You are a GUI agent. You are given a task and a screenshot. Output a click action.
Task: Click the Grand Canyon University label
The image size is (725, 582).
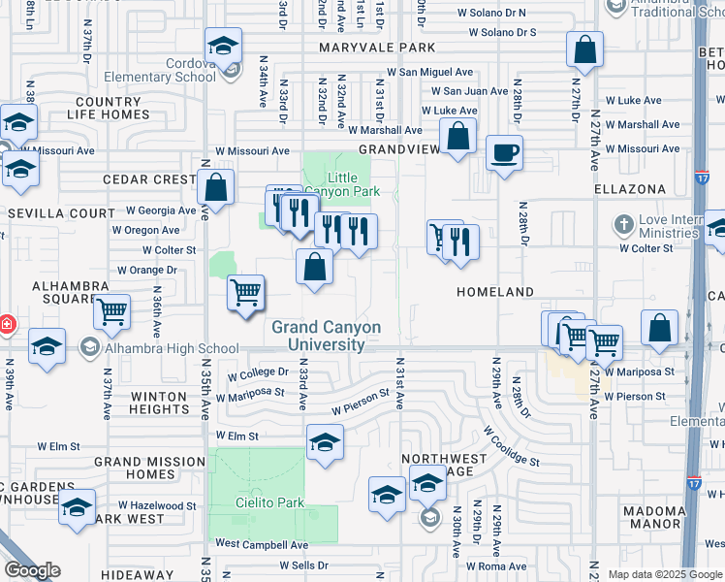pos(326,336)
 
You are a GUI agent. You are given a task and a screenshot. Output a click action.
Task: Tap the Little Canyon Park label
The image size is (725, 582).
pos(353,184)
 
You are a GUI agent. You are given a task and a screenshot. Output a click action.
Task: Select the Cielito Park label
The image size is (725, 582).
pos(257,502)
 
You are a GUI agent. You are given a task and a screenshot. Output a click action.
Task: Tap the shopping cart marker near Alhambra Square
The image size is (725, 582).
pos(112,312)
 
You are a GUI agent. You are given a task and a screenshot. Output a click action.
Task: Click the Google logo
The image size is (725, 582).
pos(32,570)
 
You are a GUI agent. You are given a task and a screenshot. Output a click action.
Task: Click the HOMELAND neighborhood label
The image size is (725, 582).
pos(495,292)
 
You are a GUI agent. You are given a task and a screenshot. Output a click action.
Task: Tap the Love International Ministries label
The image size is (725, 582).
pos(669,227)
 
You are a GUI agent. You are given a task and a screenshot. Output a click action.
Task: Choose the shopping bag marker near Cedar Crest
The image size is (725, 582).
pos(216,188)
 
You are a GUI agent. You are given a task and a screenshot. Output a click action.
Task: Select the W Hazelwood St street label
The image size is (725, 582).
pos(157,505)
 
